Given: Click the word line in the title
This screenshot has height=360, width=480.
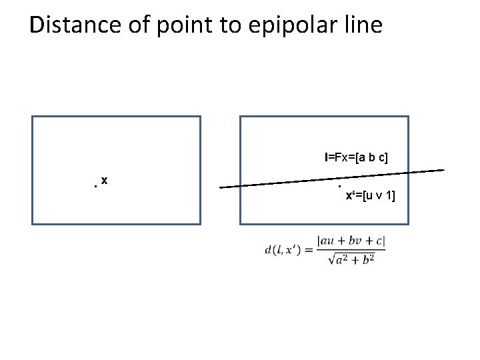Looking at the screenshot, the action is click(x=363, y=25).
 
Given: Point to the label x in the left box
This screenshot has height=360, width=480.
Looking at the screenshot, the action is click(x=105, y=181).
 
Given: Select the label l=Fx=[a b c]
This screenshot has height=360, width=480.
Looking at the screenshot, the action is click(x=356, y=157).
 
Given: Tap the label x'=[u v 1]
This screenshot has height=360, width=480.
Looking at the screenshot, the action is click(x=370, y=195).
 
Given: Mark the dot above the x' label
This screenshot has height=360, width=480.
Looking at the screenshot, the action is click(x=340, y=186).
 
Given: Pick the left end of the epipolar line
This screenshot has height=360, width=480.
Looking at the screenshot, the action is click(x=221, y=187).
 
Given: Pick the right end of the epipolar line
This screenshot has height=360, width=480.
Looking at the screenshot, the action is click(x=443, y=171).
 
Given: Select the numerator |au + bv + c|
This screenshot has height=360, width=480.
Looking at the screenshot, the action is click(x=351, y=242).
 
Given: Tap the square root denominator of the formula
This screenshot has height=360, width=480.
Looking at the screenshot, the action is click(x=351, y=259).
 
